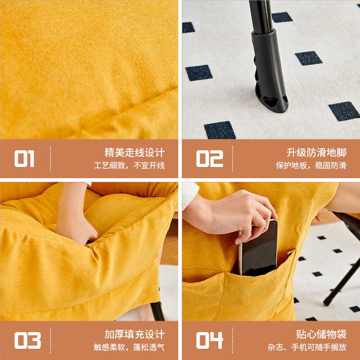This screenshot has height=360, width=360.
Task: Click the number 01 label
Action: (24, 158)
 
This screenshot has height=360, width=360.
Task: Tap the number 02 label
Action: (209, 158)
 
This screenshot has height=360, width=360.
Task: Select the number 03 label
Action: (27, 340)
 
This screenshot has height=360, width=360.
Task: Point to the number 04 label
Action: (209, 340)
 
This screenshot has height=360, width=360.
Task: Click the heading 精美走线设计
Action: (135, 153)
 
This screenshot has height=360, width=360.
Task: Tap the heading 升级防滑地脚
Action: (317, 153)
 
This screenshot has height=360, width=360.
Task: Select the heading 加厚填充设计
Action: (135, 334)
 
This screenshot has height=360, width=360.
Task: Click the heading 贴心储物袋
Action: (321, 334)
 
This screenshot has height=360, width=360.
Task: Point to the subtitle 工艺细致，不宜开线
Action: (129, 165)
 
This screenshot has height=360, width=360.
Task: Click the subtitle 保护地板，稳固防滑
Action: (311, 165)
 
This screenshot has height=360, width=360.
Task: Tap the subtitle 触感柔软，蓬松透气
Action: (129, 347)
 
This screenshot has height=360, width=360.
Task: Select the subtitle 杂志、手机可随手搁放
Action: (307, 347)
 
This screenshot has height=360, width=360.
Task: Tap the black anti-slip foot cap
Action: (270, 71)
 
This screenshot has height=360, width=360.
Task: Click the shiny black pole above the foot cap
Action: (261, 16)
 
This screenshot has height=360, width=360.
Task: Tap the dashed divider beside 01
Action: (50, 158)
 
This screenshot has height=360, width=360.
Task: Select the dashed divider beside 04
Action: (232, 340)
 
